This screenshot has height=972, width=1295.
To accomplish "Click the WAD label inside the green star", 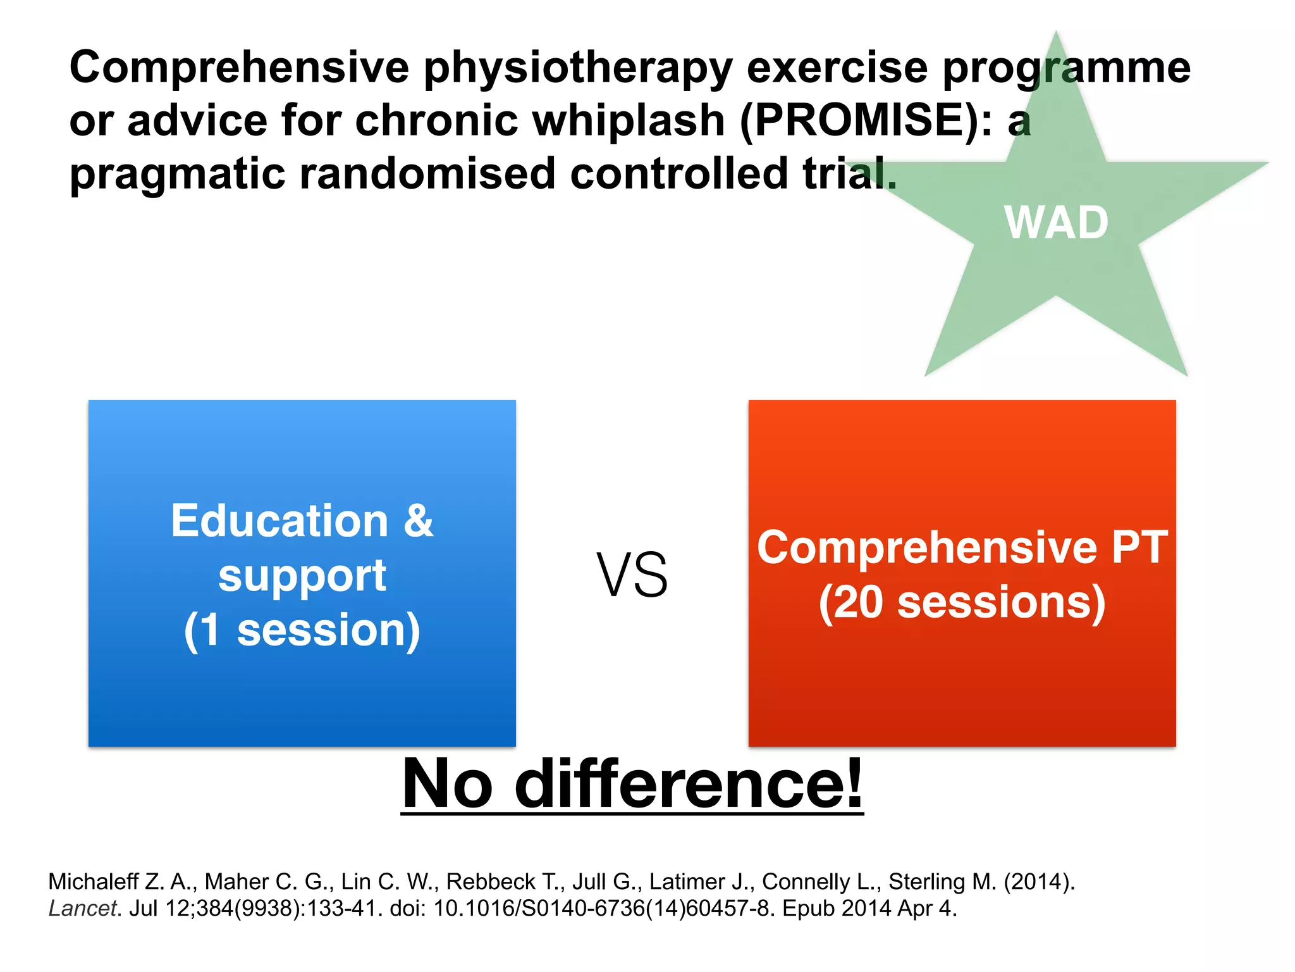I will click(x=1056, y=223).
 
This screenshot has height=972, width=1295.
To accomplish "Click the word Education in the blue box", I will click(x=279, y=521).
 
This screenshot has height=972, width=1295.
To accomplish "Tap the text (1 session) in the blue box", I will click(x=302, y=630).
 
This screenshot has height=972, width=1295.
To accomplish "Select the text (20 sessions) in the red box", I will click(x=962, y=602).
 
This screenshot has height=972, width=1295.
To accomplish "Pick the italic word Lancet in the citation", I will click(x=83, y=909).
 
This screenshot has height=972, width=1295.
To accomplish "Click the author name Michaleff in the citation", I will click(x=93, y=882).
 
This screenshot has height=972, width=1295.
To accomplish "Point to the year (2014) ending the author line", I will click(x=1039, y=882).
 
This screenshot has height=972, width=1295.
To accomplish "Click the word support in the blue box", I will click(x=302, y=576).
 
